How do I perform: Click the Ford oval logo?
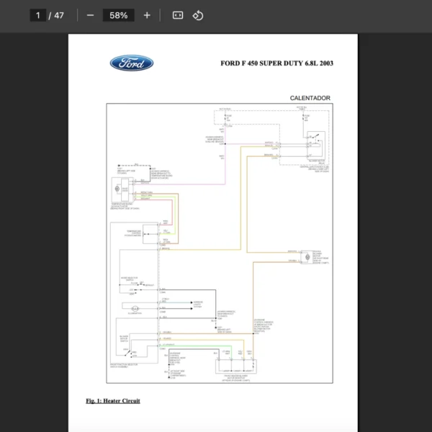(131, 63)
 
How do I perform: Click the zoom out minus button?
(90, 15)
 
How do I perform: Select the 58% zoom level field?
(118, 15)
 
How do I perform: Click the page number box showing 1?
(37, 15)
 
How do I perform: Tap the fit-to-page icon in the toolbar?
(177, 15)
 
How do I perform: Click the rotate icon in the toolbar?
(198, 15)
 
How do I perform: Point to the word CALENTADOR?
(310, 98)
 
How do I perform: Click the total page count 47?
(58, 15)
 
